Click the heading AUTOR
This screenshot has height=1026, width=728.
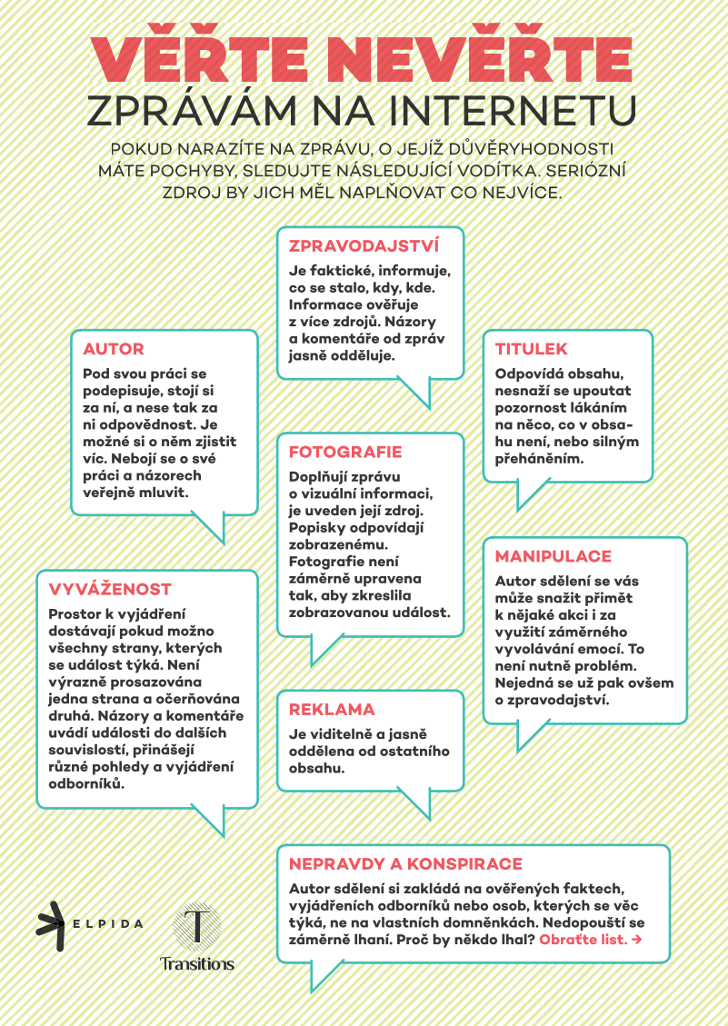click(x=114, y=349)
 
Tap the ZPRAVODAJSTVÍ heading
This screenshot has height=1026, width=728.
click(x=364, y=245)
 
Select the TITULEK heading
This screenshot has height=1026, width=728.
click(x=532, y=349)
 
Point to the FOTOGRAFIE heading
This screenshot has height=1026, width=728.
click(x=345, y=452)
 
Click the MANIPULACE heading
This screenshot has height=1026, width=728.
click(x=553, y=556)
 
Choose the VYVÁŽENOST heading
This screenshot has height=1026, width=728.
click(x=110, y=589)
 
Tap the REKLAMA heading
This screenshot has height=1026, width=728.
click(x=332, y=709)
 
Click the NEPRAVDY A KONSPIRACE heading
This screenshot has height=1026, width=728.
click(x=405, y=863)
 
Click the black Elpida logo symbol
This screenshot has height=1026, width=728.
click(x=52, y=925)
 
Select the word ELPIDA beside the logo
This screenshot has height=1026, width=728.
click(x=109, y=924)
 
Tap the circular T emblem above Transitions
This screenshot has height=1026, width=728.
click(x=197, y=926)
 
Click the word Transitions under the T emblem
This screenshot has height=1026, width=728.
click(x=197, y=963)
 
